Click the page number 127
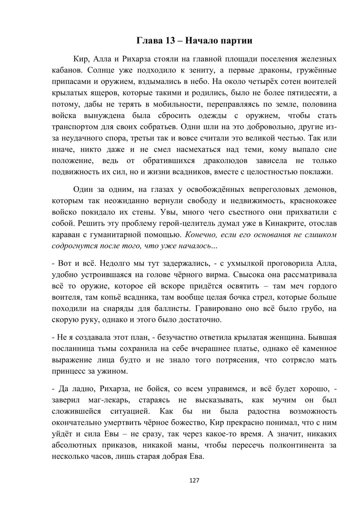(194, 481)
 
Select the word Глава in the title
(149, 40)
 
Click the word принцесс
(69, 372)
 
